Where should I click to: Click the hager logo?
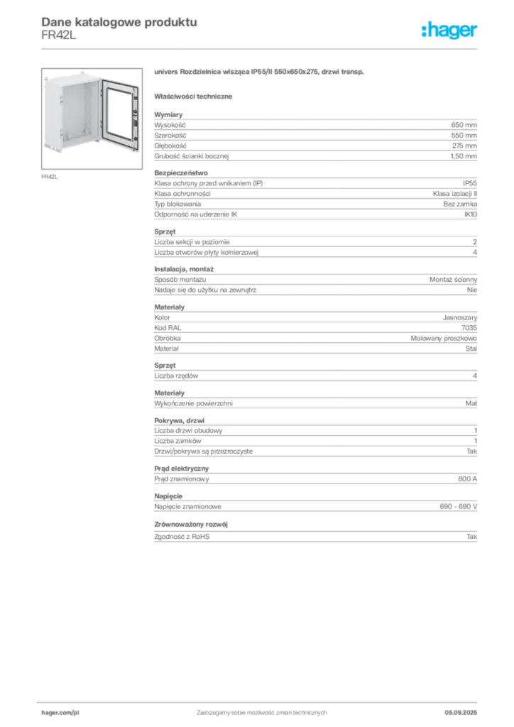[449, 30]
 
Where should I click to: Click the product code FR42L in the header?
[59, 35]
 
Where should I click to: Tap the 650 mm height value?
[464, 125]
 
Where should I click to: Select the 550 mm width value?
[464, 136]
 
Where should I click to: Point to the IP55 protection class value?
[470, 183]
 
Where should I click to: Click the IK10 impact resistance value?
[471, 214]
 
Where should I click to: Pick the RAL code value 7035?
[469, 328]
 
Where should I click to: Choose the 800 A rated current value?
[468, 479]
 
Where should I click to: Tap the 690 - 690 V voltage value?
[459, 507]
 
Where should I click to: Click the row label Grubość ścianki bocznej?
[192, 156]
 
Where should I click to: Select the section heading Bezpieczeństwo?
[181, 173]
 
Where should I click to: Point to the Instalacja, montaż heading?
[184, 269]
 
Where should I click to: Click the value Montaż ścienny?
[453, 280]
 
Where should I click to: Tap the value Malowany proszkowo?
[444, 339]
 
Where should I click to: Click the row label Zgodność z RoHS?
[182, 537]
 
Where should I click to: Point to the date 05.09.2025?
[461, 713]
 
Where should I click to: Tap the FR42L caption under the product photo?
[50, 177]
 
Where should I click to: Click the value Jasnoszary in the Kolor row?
[460, 317]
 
